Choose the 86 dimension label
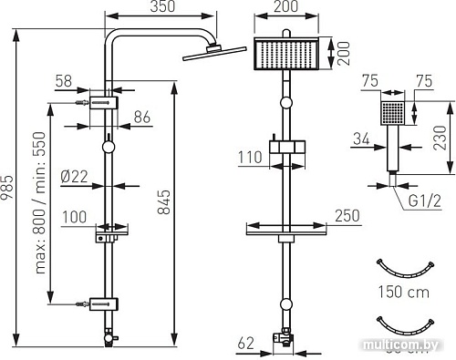pos(141,117)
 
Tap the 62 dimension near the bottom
pos(245,344)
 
